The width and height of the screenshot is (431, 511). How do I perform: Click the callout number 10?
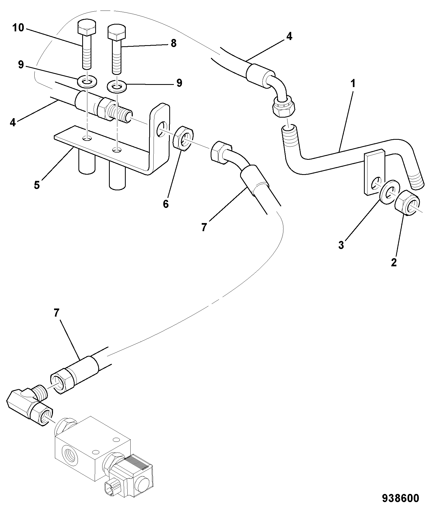[18, 28]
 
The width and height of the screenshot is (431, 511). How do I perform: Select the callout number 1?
[353, 84]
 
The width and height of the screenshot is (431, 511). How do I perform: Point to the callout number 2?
[394, 262]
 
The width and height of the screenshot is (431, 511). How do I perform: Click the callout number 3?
[341, 245]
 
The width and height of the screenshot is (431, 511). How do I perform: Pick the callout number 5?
[37, 185]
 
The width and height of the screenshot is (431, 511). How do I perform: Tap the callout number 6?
[166, 204]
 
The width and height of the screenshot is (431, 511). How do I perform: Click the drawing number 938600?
[400, 498]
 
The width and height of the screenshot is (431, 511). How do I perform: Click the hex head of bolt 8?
[116, 32]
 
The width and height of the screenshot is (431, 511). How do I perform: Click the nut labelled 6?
[183, 138]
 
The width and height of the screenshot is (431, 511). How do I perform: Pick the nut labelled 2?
[407, 203]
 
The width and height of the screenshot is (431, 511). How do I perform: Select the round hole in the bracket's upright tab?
[161, 128]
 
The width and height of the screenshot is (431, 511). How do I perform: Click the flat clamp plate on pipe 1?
[374, 172]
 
